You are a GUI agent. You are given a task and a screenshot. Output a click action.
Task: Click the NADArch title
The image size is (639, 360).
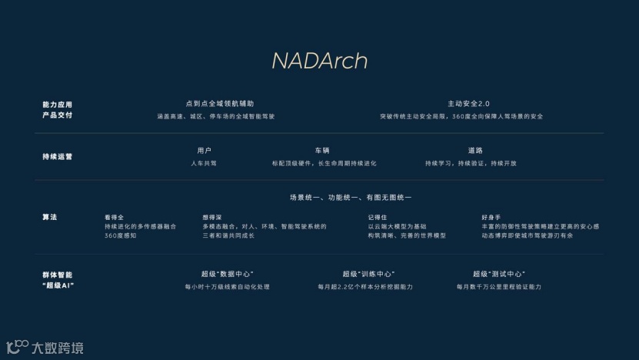[x=319, y=61]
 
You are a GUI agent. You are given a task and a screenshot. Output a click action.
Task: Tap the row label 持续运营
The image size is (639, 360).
[x=57, y=156]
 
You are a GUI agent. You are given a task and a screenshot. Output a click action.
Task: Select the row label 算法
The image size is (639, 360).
[x=49, y=217]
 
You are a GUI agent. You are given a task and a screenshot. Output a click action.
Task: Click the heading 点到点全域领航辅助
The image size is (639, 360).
[x=219, y=103]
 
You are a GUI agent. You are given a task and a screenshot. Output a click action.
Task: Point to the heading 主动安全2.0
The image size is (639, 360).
[x=468, y=103]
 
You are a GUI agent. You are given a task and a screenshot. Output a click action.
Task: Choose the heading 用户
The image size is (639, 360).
[x=204, y=150]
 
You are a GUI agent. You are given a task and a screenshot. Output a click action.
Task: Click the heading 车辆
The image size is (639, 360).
[x=321, y=150]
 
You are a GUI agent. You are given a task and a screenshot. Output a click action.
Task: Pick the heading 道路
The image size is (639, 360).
[x=475, y=150]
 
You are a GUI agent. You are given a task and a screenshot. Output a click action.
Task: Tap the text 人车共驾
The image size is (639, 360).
[x=204, y=163]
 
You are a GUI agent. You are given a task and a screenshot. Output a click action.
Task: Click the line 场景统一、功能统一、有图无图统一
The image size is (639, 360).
[x=350, y=198]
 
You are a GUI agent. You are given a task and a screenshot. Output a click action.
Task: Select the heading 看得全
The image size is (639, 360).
[x=115, y=217]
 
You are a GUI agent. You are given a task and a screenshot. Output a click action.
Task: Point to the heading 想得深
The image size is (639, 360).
[x=213, y=217]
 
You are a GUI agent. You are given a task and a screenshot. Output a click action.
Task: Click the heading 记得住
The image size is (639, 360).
[x=378, y=217]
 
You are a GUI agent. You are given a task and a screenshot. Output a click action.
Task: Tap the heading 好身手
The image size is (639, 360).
[x=491, y=217]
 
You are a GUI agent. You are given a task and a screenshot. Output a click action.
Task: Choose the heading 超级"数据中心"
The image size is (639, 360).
[x=227, y=274]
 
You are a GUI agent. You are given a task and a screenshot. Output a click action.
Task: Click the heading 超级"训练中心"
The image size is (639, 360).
[x=368, y=274]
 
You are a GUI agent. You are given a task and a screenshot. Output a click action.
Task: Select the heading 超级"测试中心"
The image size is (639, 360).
[x=499, y=274]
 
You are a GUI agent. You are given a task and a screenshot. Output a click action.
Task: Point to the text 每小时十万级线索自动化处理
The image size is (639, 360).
[x=227, y=287]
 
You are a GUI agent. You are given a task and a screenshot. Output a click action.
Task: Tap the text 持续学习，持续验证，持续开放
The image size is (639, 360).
[x=471, y=163]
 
